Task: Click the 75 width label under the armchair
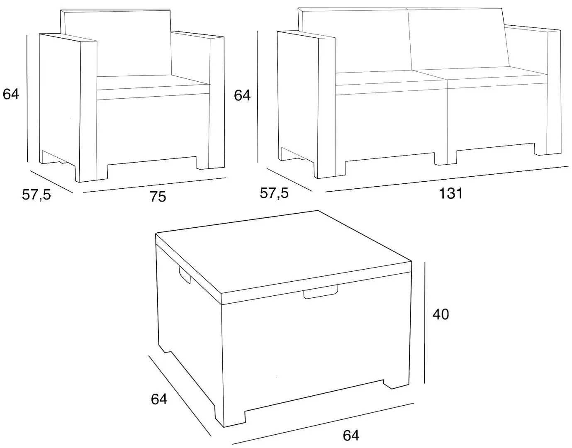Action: (x=158, y=197)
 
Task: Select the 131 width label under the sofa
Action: (x=450, y=193)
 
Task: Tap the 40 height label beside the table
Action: (x=441, y=314)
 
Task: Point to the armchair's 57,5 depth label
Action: (x=37, y=194)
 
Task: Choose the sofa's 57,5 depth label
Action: (x=274, y=193)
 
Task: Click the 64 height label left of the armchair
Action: (x=11, y=94)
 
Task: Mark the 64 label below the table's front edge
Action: (x=351, y=435)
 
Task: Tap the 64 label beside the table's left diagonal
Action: (x=159, y=399)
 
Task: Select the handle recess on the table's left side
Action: (x=184, y=274)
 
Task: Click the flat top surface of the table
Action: (x=282, y=253)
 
